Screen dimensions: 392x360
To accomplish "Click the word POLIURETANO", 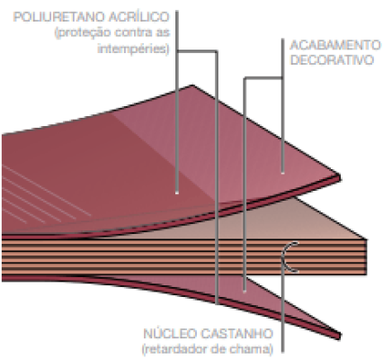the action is (59, 17).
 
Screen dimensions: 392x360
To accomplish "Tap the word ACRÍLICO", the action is (139, 17).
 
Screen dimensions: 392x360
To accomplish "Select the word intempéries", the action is (133, 49).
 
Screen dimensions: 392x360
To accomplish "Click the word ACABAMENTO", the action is (335, 45).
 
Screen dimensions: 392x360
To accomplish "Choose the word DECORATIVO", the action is (332, 60).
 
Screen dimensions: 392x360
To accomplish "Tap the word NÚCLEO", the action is (170, 333).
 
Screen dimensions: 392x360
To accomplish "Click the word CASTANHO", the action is (236, 334).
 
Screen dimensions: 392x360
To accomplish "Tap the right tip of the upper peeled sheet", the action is (340, 177).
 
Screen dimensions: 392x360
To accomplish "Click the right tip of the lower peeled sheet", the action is (340, 336).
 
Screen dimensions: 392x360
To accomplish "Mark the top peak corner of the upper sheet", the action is (192, 85).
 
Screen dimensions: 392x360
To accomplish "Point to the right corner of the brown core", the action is (366, 240).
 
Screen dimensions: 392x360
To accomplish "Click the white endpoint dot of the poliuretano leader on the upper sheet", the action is (177, 193).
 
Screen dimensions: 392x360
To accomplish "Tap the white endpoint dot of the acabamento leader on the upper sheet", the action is (282, 173).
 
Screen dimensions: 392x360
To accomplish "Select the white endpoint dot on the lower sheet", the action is (245, 292).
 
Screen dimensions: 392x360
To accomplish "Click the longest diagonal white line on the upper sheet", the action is (47, 191).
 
